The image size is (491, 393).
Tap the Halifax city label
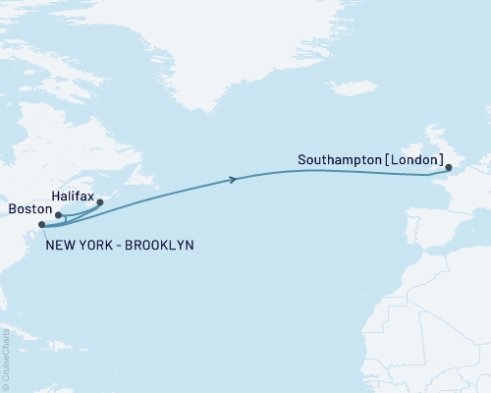click(x=73, y=197)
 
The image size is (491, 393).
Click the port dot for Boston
click(x=58, y=214)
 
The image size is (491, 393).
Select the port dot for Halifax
click(x=99, y=202)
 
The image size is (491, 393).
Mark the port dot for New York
click(x=41, y=225)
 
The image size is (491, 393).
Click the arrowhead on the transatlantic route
click(x=233, y=179)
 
